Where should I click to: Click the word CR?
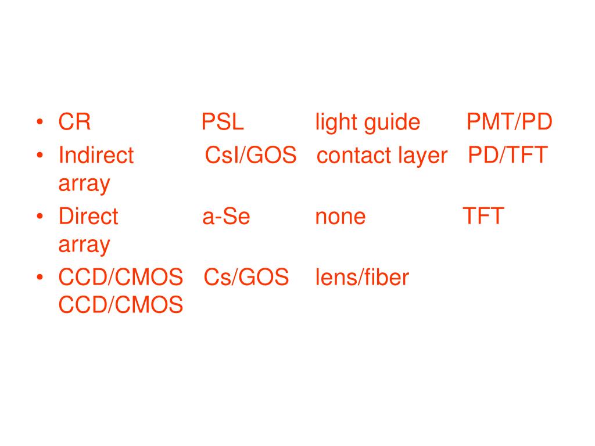[x=74, y=123]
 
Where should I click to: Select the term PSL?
[x=223, y=123]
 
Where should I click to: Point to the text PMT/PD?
[x=510, y=123]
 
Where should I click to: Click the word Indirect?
[x=96, y=156]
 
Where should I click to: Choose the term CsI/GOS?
[x=251, y=156]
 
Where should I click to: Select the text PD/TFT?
[x=508, y=156]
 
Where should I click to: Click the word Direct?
[x=88, y=217]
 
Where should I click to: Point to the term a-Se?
[x=226, y=217]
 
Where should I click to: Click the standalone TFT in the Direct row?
[x=483, y=217]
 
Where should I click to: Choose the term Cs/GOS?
[x=246, y=278]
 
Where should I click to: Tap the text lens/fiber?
[x=362, y=278]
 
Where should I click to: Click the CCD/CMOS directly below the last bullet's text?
[x=121, y=305]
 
